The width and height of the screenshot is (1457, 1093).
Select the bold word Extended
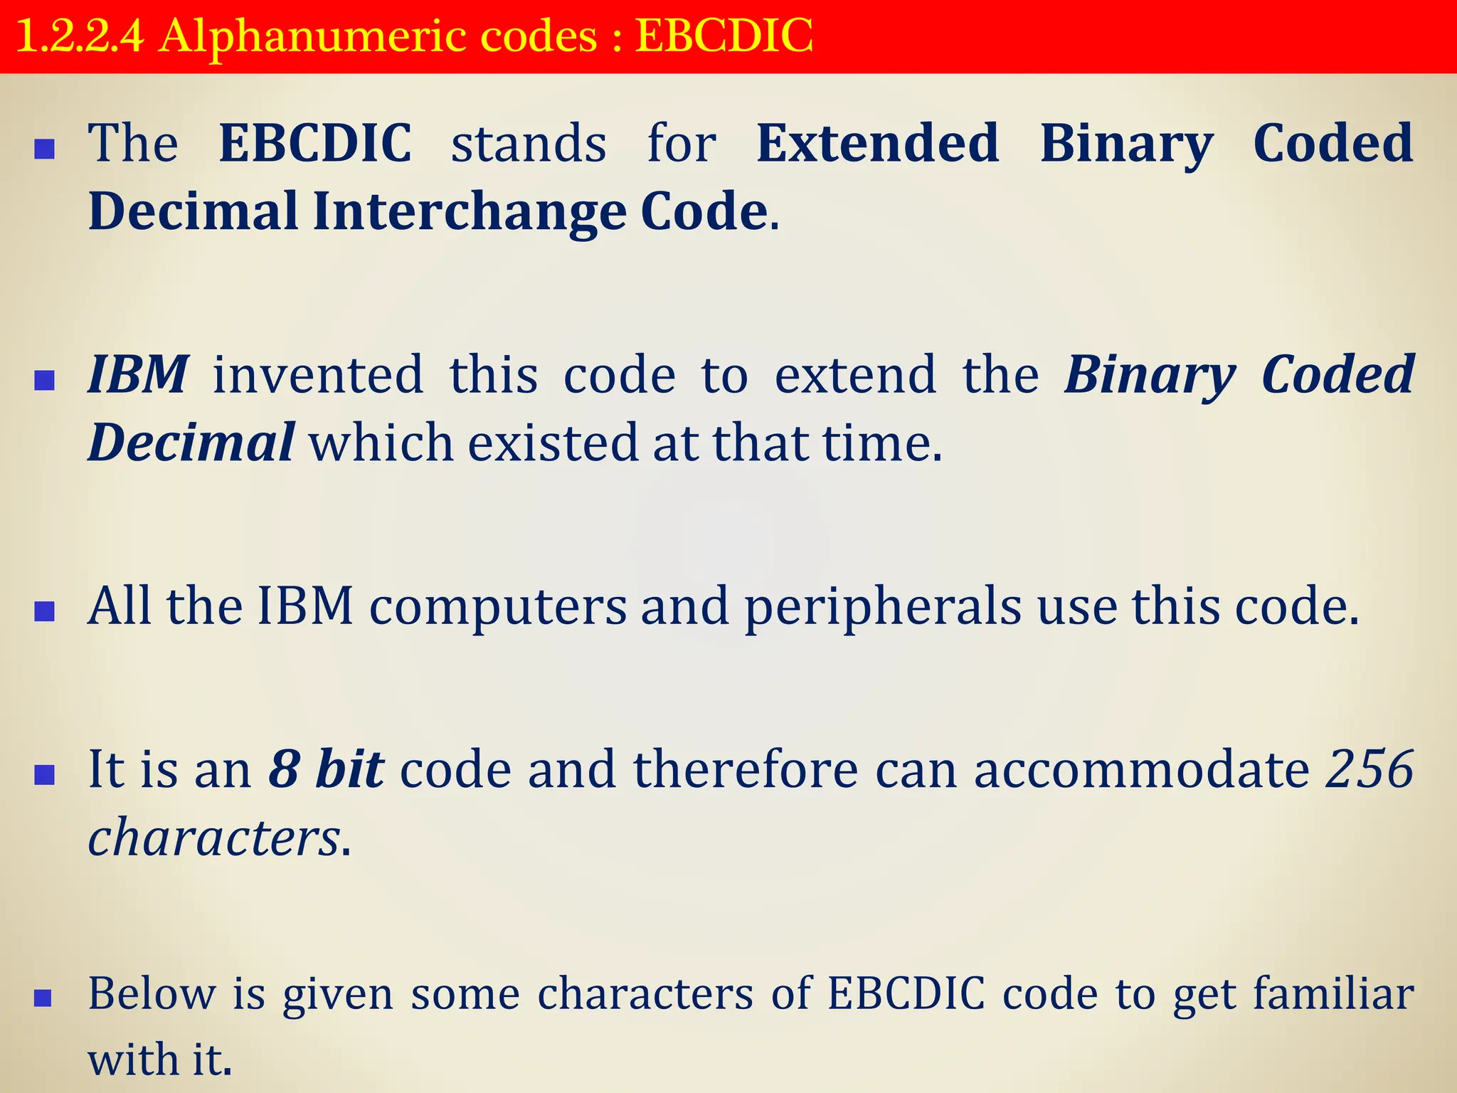point(878,143)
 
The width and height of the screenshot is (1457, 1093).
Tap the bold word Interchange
point(470,212)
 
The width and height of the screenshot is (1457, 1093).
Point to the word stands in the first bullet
point(529,144)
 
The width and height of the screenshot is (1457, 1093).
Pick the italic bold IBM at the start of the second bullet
point(138,375)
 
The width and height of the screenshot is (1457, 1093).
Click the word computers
point(498,607)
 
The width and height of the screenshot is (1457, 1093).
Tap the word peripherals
point(883,607)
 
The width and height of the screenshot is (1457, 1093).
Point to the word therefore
point(746,770)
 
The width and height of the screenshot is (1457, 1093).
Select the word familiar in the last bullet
point(1333,993)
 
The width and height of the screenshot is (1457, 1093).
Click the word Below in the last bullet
point(152,993)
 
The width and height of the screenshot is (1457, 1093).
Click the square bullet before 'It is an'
point(45,775)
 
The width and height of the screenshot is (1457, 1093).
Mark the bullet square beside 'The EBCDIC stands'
point(45,149)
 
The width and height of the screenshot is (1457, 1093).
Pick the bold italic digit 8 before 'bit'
point(284,770)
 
